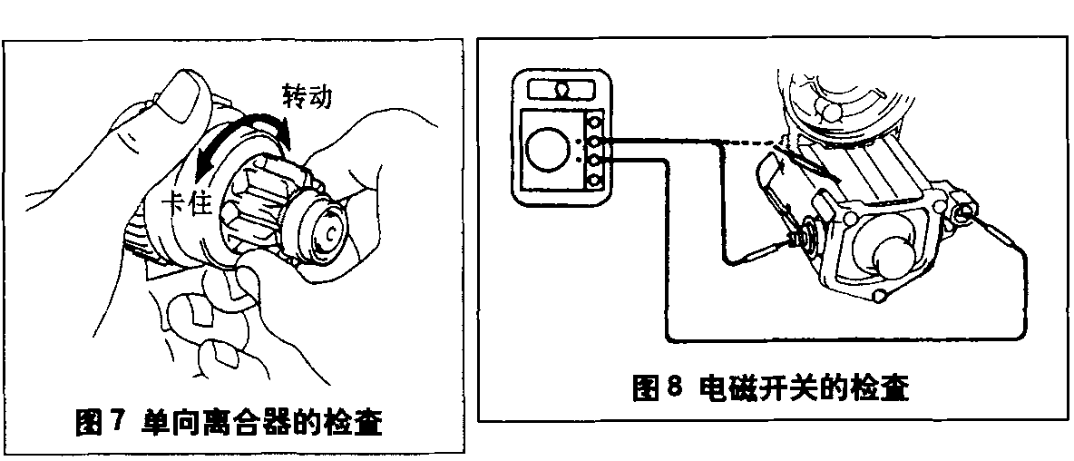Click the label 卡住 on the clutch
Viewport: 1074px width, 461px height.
(186, 202)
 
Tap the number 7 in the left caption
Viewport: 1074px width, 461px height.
(116, 422)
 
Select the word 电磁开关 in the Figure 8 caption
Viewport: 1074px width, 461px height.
(766, 388)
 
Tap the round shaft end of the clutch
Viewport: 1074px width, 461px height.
(327, 231)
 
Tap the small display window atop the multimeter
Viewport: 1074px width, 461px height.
(561, 90)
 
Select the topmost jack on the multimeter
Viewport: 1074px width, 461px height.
(595, 122)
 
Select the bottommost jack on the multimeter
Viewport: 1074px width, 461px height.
(595, 181)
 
